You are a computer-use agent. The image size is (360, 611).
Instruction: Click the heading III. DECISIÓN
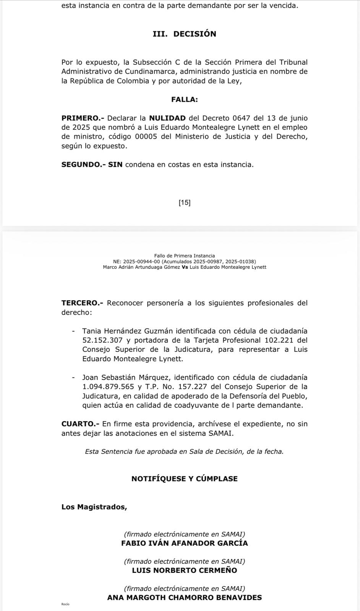(184, 34)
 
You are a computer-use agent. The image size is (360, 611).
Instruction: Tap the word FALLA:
(184, 100)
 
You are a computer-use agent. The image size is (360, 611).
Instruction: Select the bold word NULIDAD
(167, 118)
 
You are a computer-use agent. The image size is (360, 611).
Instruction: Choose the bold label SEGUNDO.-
(84, 165)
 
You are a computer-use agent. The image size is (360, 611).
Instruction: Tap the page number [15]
(184, 203)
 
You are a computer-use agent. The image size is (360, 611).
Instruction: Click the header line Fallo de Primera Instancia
(184, 256)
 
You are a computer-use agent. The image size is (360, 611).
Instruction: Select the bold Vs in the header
(185, 267)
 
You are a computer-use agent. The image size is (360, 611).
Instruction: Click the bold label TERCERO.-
(83, 303)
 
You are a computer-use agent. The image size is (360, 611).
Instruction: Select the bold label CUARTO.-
(80, 424)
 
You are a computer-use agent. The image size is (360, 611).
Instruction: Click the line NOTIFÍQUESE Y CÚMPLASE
(184, 479)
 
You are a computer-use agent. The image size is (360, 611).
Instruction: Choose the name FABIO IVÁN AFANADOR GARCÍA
(184, 543)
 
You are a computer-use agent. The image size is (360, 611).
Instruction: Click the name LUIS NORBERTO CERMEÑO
(184, 571)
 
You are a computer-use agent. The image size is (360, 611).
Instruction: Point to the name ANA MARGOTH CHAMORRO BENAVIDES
(184, 598)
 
